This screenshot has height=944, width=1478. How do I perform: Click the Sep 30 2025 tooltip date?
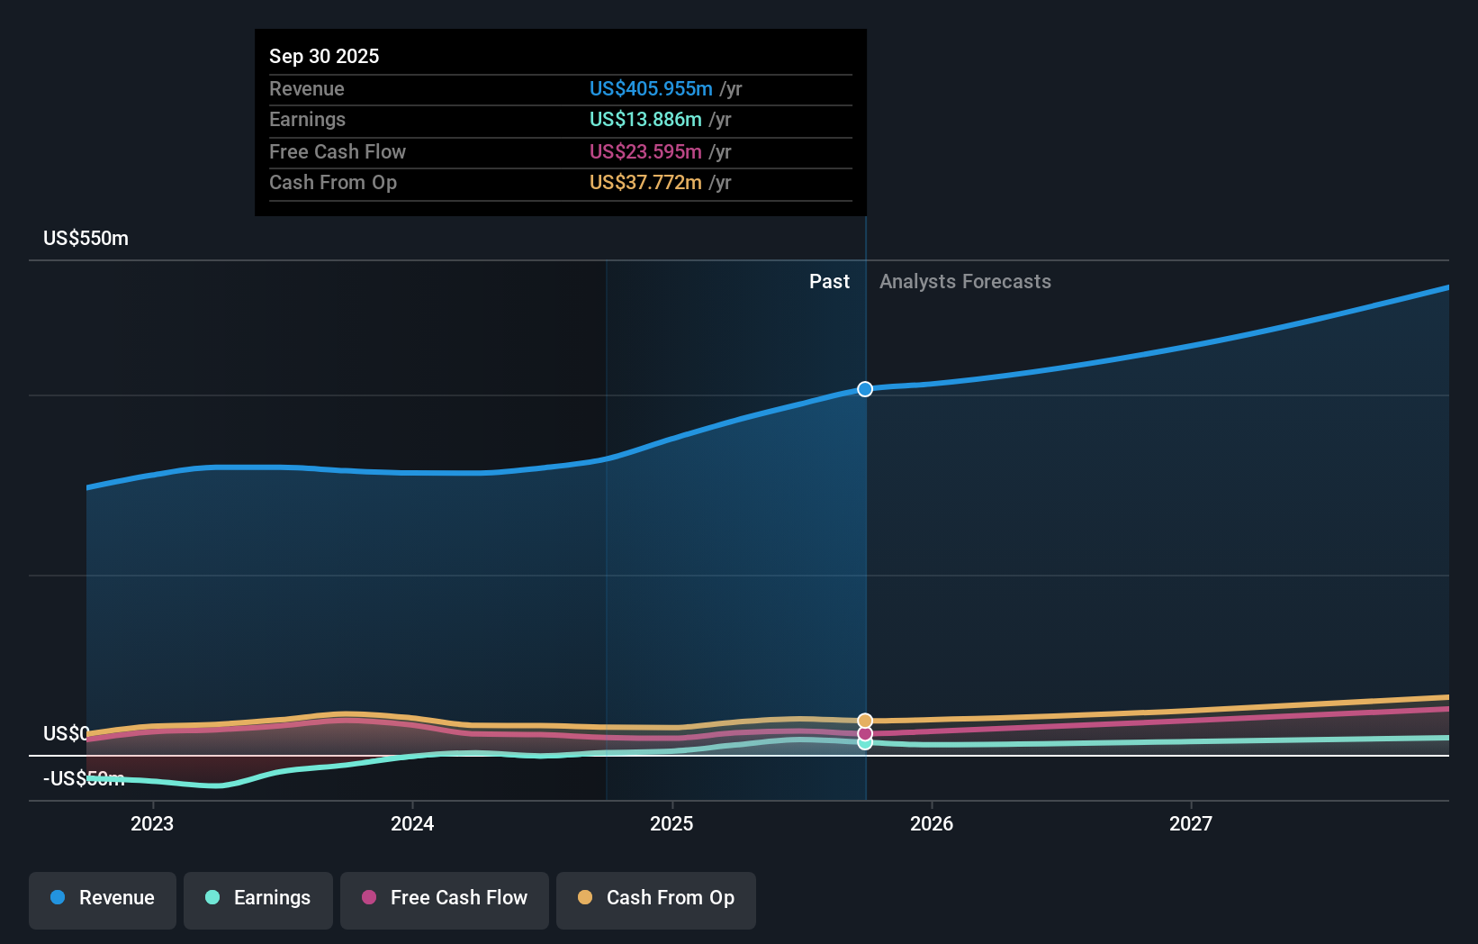324,56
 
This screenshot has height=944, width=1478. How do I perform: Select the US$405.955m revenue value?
651,88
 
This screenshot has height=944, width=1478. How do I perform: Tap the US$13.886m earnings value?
645,119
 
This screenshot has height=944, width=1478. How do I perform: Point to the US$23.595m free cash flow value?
645,151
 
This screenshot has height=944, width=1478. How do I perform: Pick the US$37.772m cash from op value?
645,182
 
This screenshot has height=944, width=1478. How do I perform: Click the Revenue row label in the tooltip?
306,88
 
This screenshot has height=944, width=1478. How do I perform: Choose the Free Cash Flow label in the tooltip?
337,151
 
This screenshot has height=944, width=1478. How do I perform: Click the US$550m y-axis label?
86,238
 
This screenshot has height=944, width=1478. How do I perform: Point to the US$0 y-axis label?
66,733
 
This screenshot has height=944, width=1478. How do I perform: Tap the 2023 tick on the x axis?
152,823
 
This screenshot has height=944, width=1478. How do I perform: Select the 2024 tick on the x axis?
412,823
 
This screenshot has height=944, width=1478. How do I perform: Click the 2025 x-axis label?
671,823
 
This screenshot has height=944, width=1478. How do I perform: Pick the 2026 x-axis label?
932,823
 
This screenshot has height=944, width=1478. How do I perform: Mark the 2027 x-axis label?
1191,823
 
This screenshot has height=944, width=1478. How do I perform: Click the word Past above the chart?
829,281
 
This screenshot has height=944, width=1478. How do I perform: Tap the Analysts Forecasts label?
965,281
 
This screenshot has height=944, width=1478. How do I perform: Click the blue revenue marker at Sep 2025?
865,389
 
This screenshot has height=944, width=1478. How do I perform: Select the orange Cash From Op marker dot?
865,721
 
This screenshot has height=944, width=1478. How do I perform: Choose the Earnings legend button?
258,898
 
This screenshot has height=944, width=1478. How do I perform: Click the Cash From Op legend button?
656,898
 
